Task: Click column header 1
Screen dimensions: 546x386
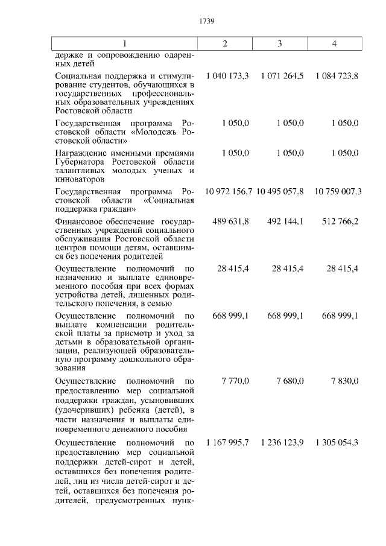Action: tap(125, 43)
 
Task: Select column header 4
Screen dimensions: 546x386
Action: tap(335, 43)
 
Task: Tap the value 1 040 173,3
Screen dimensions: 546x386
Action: tap(227, 76)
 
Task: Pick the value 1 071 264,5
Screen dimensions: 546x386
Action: tap(282, 76)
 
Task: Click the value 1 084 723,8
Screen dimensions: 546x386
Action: tap(337, 76)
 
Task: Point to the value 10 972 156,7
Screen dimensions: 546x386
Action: tap(229, 191)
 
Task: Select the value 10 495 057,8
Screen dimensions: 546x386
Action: tap(282, 191)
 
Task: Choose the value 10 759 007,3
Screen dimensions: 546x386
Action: tap(338, 191)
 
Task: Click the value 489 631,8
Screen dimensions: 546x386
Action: tap(231, 221)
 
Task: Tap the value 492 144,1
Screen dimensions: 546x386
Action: tap(285, 221)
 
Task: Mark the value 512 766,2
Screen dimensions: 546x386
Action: tap(340, 221)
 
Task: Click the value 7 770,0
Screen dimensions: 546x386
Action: tap(236, 381)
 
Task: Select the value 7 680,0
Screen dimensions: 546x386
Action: tap(290, 381)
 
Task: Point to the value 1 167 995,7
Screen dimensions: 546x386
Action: tap(227, 443)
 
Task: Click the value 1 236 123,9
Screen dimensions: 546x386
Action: tap(282, 443)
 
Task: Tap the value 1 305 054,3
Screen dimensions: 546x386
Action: tap(337, 443)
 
